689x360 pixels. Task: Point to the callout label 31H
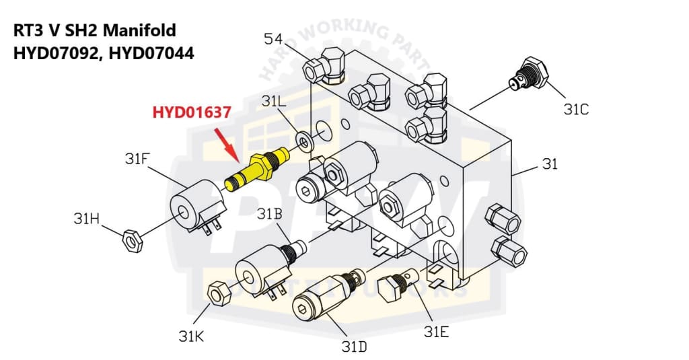87,219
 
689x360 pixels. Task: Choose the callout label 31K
192,335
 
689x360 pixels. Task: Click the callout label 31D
353,347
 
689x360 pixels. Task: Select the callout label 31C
577,108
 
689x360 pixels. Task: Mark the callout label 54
273,38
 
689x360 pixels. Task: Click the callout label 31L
275,102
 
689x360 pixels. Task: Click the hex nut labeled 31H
131,240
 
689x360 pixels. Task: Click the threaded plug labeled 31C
529,72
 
